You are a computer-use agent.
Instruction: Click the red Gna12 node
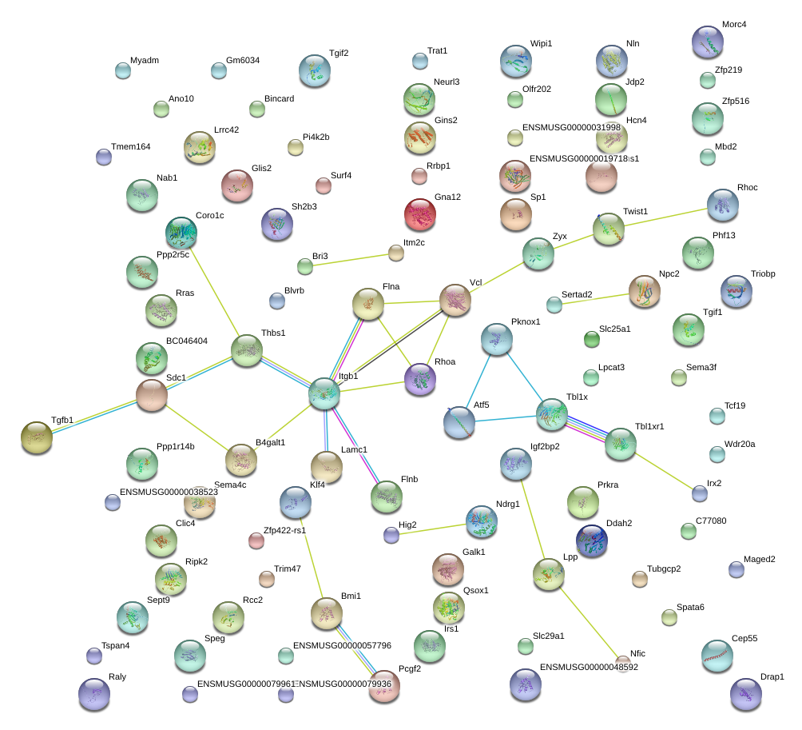click(x=420, y=214)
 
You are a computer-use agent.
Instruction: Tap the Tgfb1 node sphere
click(x=36, y=437)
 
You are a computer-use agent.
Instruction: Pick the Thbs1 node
click(x=247, y=349)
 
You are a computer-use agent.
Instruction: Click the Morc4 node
click(x=708, y=42)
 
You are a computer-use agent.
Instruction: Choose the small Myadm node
click(x=122, y=70)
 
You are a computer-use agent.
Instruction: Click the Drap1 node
click(x=746, y=694)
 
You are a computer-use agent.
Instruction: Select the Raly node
click(x=95, y=694)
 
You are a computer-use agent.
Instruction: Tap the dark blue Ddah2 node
click(x=592, y=541)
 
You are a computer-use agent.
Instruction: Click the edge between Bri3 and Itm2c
click(x=350, y=260)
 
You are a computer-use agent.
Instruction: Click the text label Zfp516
click(x=736, y=102)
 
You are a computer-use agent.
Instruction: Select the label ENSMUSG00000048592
click(x=589, y=667)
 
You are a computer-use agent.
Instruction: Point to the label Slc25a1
click(x=614, y=329)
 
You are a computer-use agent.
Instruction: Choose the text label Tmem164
click(x=130, y=146)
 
